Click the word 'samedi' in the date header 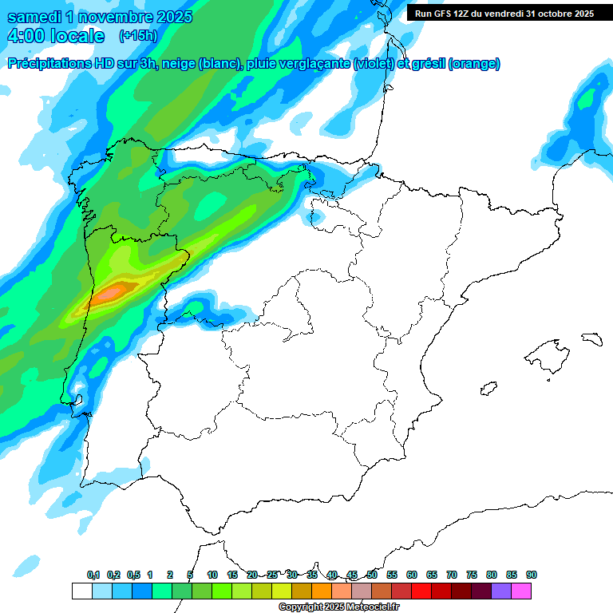(35, 17)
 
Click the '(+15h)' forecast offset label (138, 36)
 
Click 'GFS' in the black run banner (444, 14)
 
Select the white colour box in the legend (81, 591)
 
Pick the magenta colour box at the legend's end (521, 591)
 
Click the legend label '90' (532, 575)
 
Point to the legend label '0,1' (93, 575)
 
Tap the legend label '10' (212, 575)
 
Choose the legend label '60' (412, 575)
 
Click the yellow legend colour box (282, 591)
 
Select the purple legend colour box (501, 591)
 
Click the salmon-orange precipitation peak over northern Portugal (109, 293)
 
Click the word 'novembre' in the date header (117, 17)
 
